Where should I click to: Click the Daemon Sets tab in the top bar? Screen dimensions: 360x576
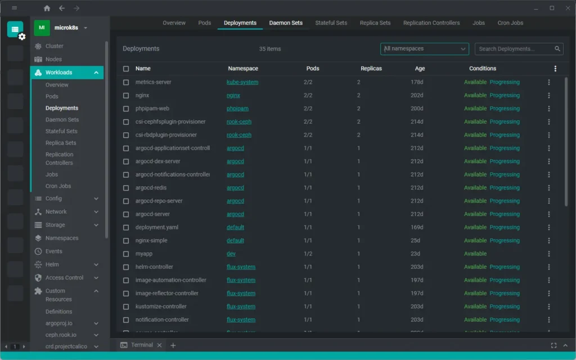286,23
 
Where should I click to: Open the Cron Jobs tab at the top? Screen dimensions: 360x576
510,23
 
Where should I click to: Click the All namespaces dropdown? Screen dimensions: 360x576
425,49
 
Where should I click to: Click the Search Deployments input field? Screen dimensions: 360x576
514,49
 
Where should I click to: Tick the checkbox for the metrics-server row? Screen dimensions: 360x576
126,82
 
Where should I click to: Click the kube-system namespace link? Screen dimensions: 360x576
242,82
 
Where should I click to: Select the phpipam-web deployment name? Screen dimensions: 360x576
152,109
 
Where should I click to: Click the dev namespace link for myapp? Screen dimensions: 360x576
231,254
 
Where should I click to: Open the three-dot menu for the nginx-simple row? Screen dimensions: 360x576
549,241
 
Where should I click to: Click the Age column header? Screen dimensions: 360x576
420,69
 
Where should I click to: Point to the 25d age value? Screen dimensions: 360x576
415,241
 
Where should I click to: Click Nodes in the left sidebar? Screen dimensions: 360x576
53,59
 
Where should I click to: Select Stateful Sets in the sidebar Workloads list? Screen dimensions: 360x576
61,131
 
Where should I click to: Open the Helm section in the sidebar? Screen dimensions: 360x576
52,264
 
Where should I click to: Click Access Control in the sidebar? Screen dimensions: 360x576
64,278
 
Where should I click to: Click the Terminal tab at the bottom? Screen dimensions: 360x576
142,345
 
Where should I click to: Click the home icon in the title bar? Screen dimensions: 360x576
47,8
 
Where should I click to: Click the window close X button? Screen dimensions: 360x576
566,8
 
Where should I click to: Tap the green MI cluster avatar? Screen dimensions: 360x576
42,28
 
